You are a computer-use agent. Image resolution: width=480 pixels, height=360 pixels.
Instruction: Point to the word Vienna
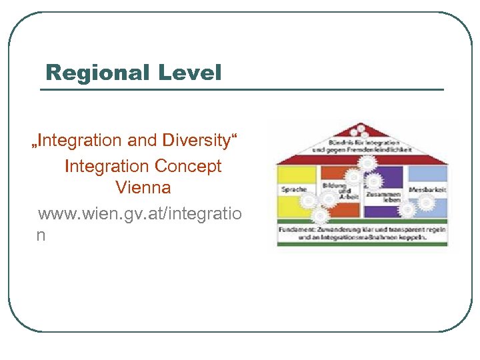click(143, 187)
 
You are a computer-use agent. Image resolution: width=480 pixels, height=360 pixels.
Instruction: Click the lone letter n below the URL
click(41, 235)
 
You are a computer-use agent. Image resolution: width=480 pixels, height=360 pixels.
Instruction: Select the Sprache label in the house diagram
click(293, 190)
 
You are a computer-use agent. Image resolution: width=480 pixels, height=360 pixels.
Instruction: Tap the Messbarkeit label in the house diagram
click(427, 190)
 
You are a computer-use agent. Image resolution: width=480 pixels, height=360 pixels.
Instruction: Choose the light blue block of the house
click(427, 175)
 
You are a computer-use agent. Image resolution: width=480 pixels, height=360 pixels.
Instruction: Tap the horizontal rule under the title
click(243, 89)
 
